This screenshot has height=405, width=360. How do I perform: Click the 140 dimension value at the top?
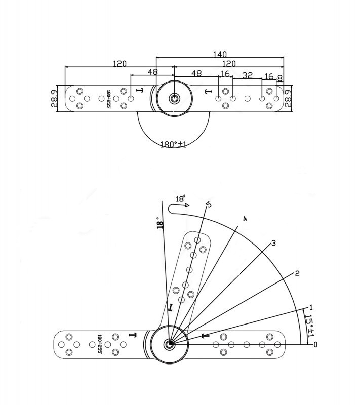(x=220, y=54)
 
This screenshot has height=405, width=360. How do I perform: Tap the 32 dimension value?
(x=247, y=75)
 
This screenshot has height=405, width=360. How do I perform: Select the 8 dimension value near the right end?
(x=279, y=79)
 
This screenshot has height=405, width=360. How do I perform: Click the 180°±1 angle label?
(x=173, y=144)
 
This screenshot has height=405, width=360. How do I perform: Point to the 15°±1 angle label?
(x=310, y=326)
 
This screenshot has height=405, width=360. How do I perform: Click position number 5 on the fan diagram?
(x=209, y=205)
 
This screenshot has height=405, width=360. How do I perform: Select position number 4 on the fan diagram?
(x=245, y=219)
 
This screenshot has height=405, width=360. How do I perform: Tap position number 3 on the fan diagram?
(x=273, y=243)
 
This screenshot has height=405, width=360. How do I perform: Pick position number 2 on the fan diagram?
(x=297, y=273)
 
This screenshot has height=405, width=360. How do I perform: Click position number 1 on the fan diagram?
(x=311, y=307)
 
